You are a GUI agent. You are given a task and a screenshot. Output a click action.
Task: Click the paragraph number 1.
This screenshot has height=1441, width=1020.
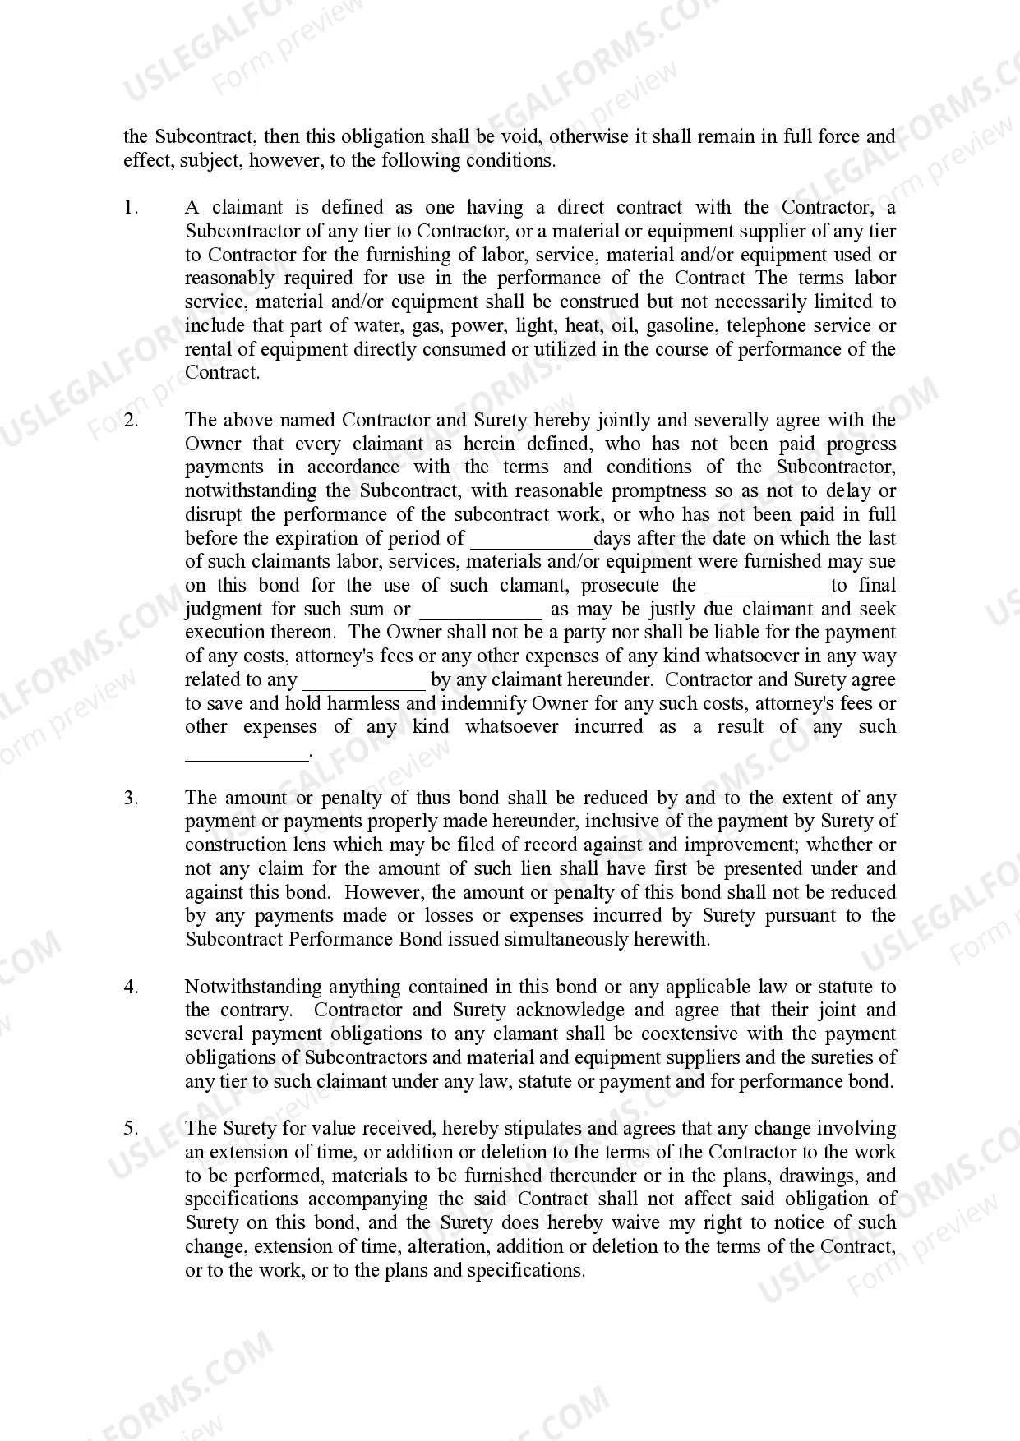tap(131, 208)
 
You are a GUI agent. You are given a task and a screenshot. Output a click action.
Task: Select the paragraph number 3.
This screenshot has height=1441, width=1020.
tap(131, 798)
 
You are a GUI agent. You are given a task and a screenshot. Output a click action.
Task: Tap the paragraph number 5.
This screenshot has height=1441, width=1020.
tap(131, 1129)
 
